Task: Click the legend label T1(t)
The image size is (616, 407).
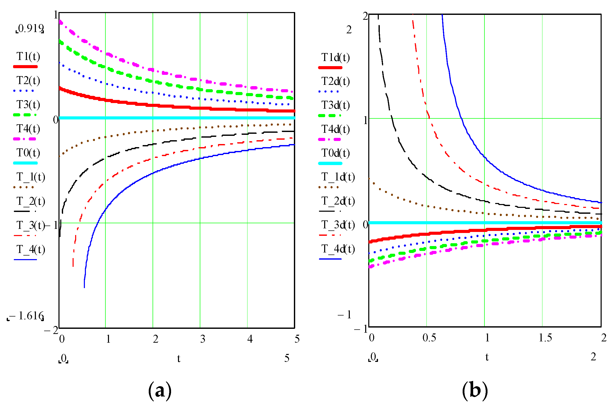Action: coord(28,56)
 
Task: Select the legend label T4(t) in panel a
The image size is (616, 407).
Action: coord(28,129)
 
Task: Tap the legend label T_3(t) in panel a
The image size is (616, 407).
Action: coord(31,225)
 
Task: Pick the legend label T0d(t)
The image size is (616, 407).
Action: coord(335,153)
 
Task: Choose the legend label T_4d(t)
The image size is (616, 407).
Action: coord(338,249)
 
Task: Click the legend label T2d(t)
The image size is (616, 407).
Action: coord(335,82)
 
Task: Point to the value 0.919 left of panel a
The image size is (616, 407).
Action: coord(30,28)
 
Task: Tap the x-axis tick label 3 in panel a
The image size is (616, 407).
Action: coord(203,339)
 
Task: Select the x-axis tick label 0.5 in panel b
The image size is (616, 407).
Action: coord(429,338)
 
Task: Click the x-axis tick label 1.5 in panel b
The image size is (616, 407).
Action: coord(545,338)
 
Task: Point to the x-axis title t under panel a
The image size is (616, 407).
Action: coord(179,359)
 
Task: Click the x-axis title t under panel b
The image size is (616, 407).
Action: coord(487,357)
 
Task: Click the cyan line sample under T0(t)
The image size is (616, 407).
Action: coord(25,163)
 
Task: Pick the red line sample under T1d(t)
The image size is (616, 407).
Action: coord(330,68)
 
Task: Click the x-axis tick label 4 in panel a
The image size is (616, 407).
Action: coord(250,339)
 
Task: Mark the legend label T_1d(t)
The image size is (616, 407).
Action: coord(338,177)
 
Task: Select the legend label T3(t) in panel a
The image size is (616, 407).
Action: coord(28,105)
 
